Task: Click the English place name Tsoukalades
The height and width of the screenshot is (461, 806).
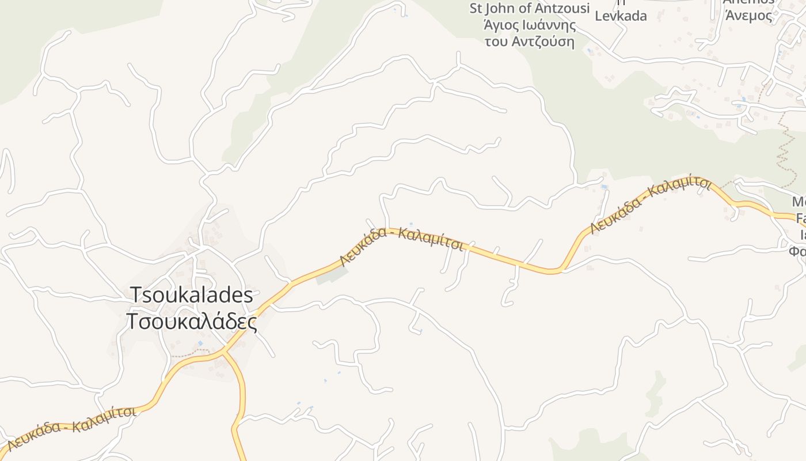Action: (192, 295)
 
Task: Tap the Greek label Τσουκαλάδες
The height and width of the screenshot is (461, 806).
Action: (192, 322)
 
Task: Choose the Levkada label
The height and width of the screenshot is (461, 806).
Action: (621, 16)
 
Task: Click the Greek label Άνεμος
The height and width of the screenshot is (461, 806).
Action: (748, 16)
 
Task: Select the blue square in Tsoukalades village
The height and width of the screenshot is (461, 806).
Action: (200, 343)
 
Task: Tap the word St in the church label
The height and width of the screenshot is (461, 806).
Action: (476, 9)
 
